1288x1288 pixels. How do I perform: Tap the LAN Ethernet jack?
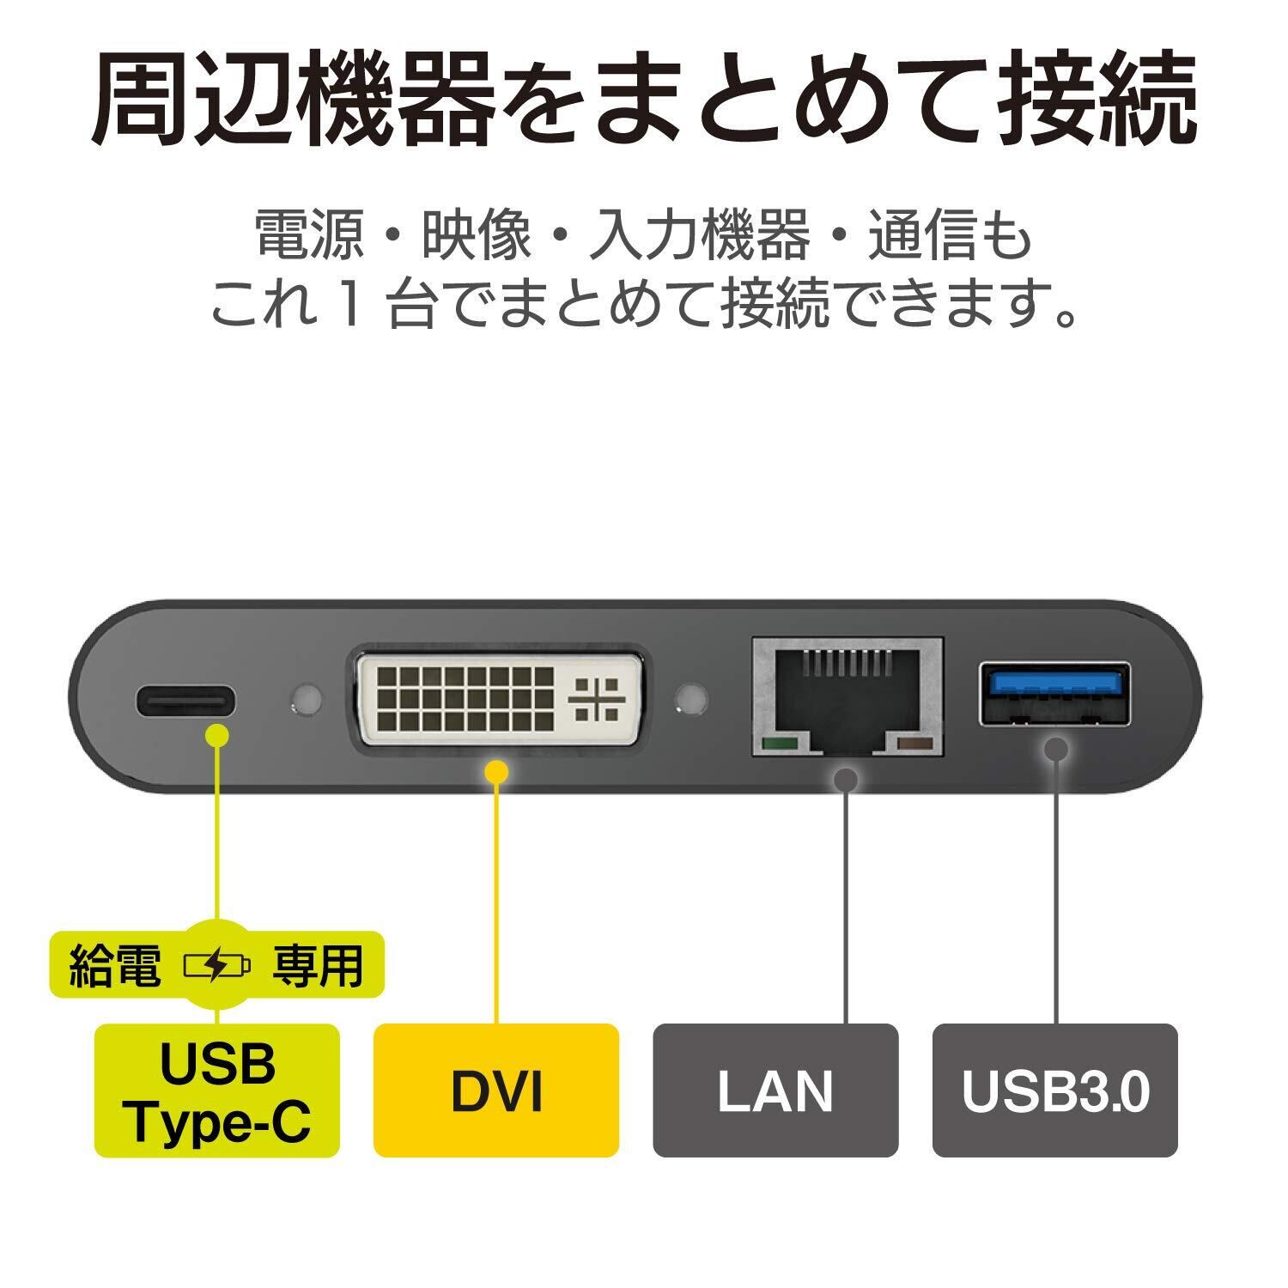click(847, 696)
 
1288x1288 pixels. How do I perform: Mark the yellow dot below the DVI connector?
click(496, 771)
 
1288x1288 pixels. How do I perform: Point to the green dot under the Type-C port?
click(218, 736)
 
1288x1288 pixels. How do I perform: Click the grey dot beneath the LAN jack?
click(846, 780)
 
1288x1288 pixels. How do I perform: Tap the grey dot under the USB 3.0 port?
click(1055, 748)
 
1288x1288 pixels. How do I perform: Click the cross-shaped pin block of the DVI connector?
click(593, 698)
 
